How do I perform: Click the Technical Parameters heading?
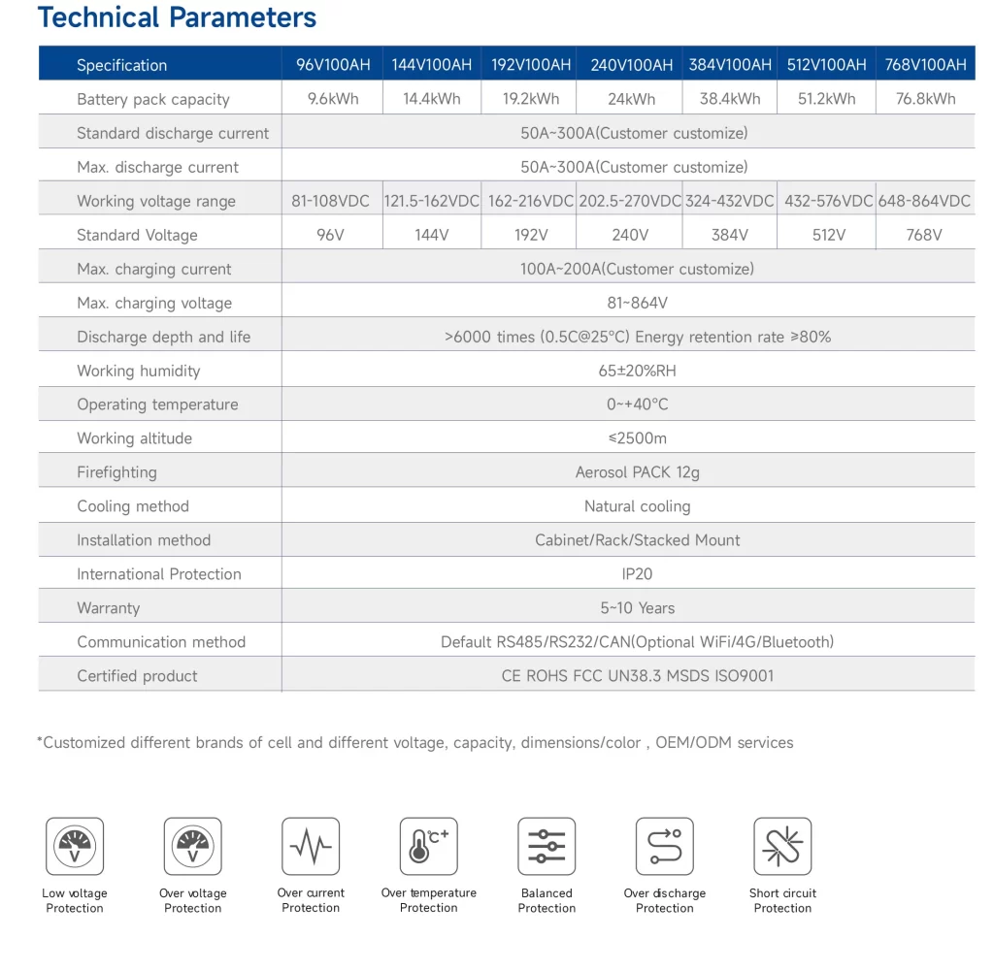[177, 17]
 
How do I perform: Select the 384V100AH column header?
[730, 65]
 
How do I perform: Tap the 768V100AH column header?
[925, 65]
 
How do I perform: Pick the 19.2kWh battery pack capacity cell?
[531, 99]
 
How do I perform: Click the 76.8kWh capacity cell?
[925, 99]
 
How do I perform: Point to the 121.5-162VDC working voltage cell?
[432, 201]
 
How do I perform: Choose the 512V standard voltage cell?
[828, 235]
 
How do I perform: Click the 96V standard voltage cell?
[331, 235]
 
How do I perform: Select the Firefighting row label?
[116, 472]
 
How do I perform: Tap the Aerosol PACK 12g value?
[637, 472]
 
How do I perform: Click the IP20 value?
[637, 574]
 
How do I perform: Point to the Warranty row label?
[109, 608]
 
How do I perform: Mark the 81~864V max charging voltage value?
[637, 303]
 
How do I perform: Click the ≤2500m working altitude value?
[637, 438]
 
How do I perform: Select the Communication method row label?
[161, 642]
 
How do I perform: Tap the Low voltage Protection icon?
[75, 846]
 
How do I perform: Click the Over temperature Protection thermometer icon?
[429, 846]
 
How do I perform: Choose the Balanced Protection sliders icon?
[547, 846]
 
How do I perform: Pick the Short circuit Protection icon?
[782, 846]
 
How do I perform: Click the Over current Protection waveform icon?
[311, 846]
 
